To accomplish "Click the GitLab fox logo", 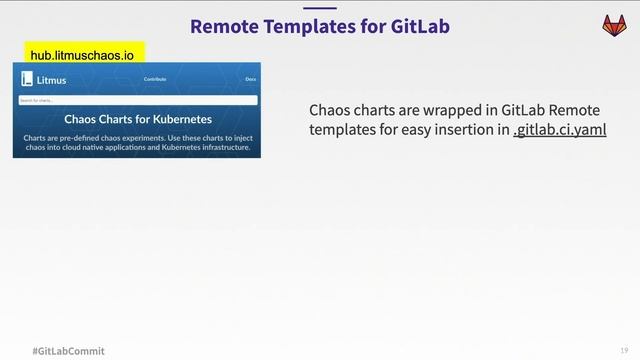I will click(610, 25).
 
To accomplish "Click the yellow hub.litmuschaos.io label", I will click(82, 56).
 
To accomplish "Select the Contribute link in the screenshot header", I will click(155, 78).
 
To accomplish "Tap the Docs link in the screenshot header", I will click(250, 78).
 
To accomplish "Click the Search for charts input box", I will click(137, 100).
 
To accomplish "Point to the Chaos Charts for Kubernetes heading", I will click(137, 119).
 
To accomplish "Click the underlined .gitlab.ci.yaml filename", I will click(559, 130).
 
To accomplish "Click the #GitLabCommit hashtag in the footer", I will click(68, 351).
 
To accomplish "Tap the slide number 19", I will click(624, 350).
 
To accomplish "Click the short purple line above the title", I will click(320, 7).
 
